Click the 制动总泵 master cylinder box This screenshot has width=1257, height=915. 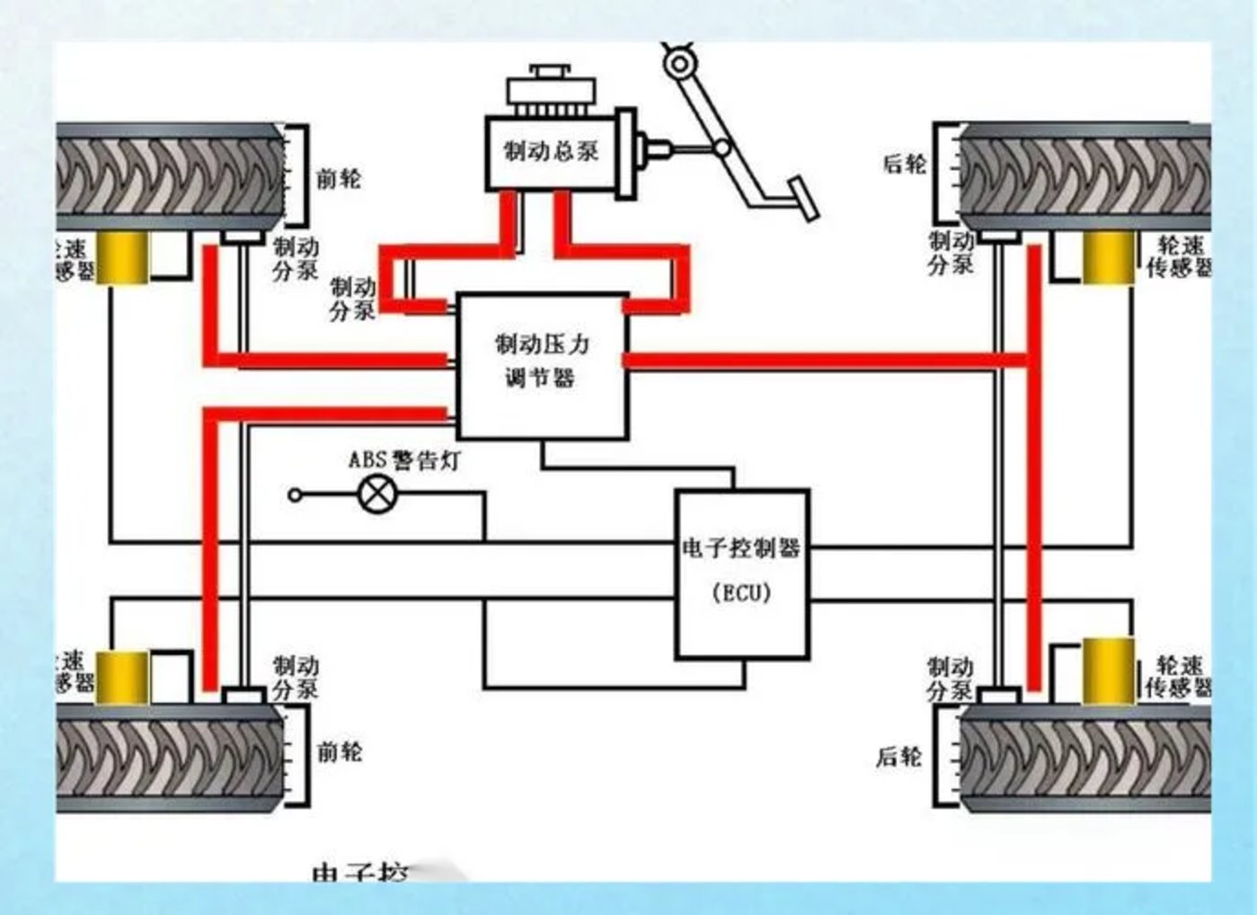[550, 152]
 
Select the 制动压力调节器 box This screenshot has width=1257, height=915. [542, 364]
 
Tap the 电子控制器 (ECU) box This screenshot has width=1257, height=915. [742, 573]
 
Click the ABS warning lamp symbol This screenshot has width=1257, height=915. [377, 494]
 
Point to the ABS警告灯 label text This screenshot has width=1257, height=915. [403, 460]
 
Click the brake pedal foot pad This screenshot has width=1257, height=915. [803, 199]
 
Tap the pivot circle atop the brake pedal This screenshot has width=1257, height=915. [679, 64]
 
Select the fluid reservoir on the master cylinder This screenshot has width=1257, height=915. [551, 88]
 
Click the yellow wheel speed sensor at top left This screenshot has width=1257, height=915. [122, 258]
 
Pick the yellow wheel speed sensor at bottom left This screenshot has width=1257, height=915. [122, 677]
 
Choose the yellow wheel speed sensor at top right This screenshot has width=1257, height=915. [1108, 258]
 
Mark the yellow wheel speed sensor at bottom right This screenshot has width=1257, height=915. [1108, 670]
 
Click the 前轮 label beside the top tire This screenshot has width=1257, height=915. [339, 178]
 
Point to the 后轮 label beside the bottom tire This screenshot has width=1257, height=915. [899, 757]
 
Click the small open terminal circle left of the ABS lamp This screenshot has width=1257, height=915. [295, 494]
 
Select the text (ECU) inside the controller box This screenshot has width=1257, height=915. [741, 594]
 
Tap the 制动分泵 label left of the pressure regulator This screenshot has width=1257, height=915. [352, 299]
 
